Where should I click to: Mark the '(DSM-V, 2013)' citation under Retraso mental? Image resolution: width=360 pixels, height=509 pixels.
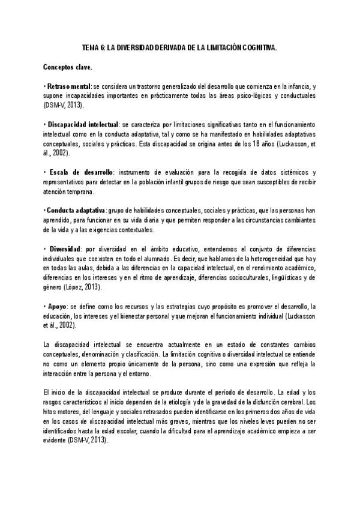point(64,105)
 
